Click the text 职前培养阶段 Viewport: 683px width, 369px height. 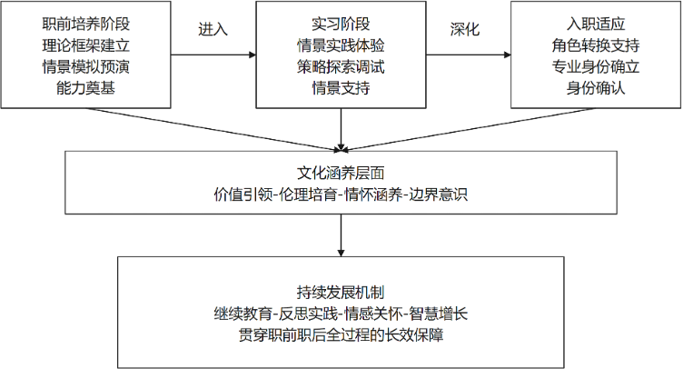tap(86, 22)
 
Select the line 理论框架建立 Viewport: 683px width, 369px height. tap(86, 44)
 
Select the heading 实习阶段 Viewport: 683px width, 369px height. tap(341, 22)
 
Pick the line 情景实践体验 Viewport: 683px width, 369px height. tap(341, 44)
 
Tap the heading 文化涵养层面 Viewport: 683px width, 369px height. tap(341, 172)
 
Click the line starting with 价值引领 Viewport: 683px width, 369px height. tap(341, 194)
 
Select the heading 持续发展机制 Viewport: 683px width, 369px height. tap(341, 292)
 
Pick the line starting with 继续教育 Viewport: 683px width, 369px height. tap(341, 314)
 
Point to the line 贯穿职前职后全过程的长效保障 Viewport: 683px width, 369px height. tap(341, 335)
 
